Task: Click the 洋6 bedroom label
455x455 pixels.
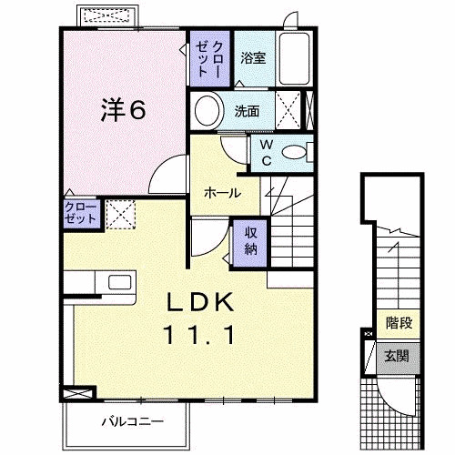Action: pos(122,110)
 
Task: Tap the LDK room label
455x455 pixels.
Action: pos(201,301)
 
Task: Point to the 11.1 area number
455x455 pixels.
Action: pos(201,335)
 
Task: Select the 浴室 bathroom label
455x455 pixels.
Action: pos(254,58)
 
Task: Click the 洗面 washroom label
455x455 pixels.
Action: pos(247,111)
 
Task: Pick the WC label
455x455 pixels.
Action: pos(266,153)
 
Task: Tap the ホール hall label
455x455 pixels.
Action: pos(222,193)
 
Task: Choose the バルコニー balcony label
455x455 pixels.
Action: pos(131,421)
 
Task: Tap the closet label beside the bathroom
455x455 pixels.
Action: pos(209,57)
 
